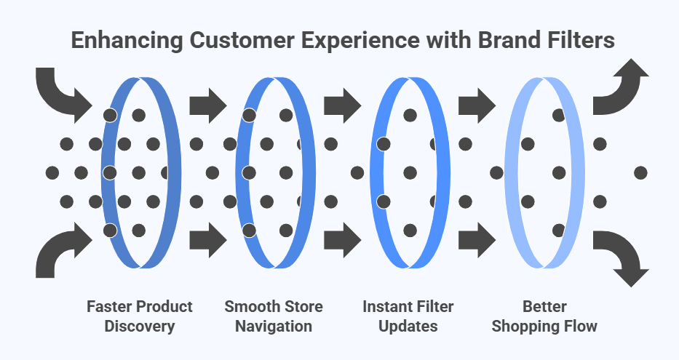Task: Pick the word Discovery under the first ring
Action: pos(140,326)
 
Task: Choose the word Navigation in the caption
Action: pos(274,326)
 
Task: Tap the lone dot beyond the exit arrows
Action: pos(640,172)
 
